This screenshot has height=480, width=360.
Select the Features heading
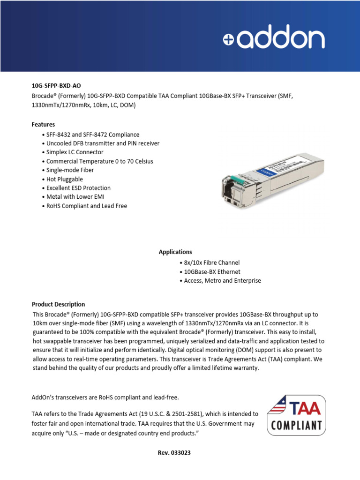pyautogui.click(x=43, y=125)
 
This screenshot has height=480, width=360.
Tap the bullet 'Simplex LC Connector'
pyautogui.click(x=75, y=152)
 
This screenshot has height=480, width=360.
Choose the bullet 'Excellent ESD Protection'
pyautogui.click(x=78, y=188)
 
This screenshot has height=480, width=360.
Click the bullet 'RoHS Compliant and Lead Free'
pyautogui.click(x=86, y=206)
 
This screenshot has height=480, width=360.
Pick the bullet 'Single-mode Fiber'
pyautogui.click(x=70, y=170)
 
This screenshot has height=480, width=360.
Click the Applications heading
pyautogui.click(x=175, y=252)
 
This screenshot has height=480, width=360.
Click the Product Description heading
pyautogui.click(x=58, y=304)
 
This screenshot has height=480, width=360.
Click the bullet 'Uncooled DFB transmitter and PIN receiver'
pyautogui.click(x=103, y=143)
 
